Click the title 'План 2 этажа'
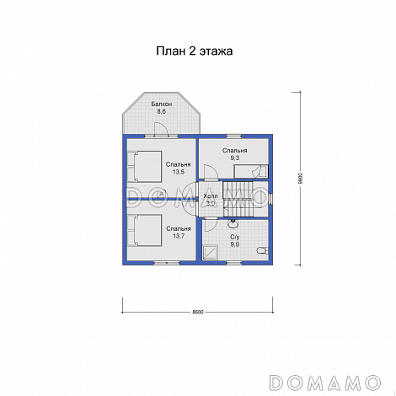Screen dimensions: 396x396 point(195,51)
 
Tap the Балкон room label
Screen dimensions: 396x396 point(162,104)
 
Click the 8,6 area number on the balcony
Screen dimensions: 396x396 point(162,111)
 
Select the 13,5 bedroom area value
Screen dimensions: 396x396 point(179,172)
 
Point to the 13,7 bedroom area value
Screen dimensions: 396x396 point(179,236)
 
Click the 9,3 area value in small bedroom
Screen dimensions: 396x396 point(235,158)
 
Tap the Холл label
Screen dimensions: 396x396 point(211,196)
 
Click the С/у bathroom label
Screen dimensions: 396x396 point(235,238)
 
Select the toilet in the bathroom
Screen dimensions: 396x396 point(263,250)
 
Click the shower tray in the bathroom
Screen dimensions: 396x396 point(211,252)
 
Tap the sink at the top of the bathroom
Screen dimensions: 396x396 point(233,224)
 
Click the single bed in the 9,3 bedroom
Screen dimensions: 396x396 point(251,171)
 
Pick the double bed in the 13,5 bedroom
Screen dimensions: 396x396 point(144,166)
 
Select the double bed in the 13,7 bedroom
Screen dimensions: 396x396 point(144,230)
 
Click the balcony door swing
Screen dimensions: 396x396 point(161,130)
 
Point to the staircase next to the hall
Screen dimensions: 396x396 point(238,199)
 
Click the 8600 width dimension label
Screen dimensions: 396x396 point(198,312)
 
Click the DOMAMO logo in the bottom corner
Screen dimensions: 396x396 point(325,383)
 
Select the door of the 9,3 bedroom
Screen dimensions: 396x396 point(211,172)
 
